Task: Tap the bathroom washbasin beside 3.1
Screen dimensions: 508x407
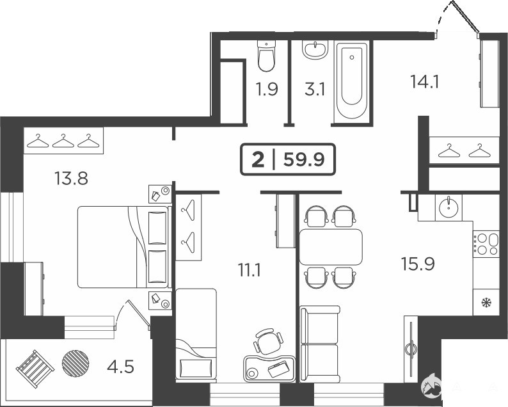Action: point(315,50)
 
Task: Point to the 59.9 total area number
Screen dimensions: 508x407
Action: point(304,159)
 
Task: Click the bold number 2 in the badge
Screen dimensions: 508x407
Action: point(258,160)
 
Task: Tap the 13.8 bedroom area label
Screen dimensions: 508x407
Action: point(71,179)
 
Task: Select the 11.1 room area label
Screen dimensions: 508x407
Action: point(249,270)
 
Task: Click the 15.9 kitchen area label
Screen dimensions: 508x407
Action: point(418,264)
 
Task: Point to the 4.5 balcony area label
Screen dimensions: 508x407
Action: point(121,367)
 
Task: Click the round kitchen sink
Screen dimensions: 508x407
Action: point(448,207)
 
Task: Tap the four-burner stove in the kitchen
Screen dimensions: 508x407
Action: point(486,244)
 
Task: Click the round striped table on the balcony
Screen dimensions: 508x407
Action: point(75,363)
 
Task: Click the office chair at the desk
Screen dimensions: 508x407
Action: point(269,341)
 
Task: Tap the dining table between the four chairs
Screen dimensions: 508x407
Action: point(331,247)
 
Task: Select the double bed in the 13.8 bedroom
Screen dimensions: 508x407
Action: point(123,247)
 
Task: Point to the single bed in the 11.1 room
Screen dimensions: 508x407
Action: point(196,334)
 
